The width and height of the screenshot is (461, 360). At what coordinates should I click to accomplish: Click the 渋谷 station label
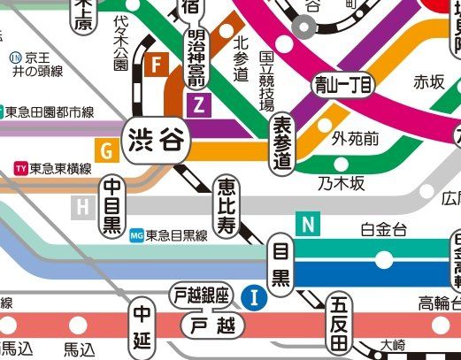click(x=155, y=141)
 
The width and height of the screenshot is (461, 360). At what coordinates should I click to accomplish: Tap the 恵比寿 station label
click(x=226, y=204)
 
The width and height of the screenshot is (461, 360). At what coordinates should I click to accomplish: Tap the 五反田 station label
click(x=339, y=323)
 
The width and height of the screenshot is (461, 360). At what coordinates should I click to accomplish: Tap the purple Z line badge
click(x=198, y=105)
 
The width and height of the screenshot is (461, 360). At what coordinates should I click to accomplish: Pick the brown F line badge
click(x=158, y=65)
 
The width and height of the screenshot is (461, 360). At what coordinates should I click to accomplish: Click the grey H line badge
click(x=83, y=208)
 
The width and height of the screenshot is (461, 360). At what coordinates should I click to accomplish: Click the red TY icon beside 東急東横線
click(x=20, y=168)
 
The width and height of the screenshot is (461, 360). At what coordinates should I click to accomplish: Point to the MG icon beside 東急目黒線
click(x=136, y=235)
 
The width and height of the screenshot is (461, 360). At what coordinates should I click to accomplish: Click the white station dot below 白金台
click(x=384, y=259)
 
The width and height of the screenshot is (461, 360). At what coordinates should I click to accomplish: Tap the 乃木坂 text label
click(x=342, y=183)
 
